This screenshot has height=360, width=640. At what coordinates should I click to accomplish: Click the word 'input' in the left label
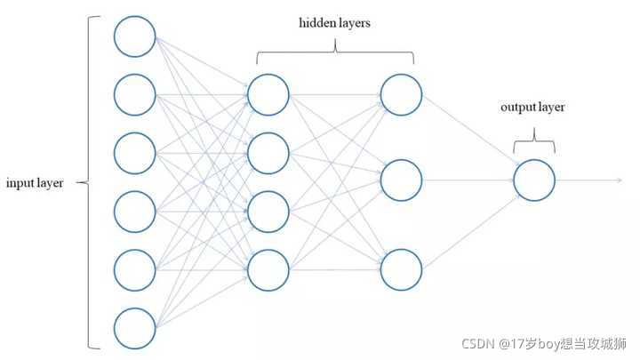click(x=20, y=183)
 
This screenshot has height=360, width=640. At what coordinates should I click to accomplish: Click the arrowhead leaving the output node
click(x=620, y=180)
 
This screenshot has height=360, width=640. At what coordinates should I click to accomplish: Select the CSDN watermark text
click(x=544, y=344)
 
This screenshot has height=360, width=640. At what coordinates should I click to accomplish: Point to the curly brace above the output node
click(x=534, y=140)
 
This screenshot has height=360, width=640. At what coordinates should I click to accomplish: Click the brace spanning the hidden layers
click(x=335, y=52)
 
